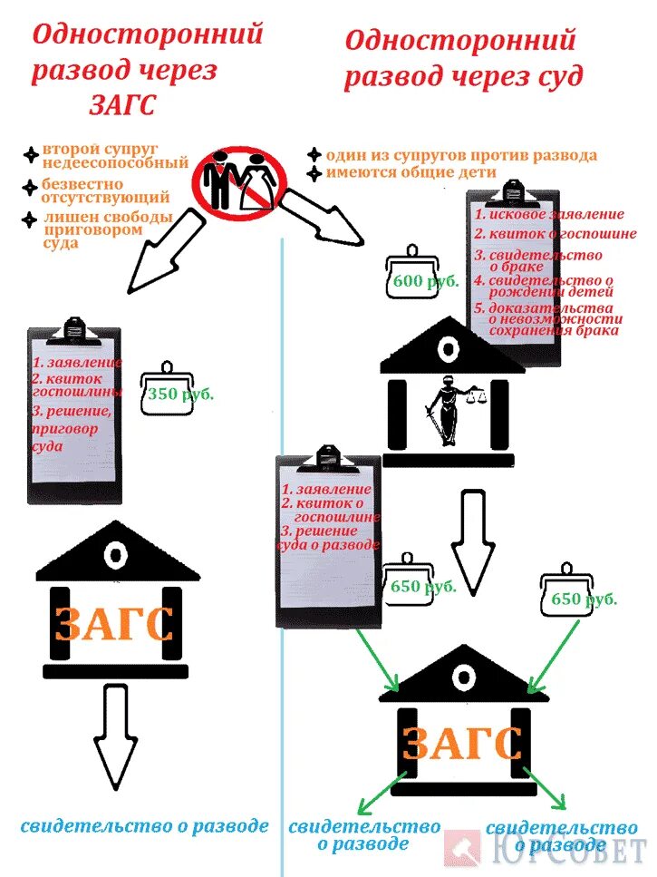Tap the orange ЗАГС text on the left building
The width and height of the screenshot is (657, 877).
point(115,624)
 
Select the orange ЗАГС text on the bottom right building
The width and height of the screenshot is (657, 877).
point(462,744)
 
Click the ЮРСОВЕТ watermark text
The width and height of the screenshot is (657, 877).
point(571,852)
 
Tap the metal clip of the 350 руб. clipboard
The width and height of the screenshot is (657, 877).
point(74,327)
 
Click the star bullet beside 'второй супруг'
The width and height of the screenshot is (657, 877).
point(33,154)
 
